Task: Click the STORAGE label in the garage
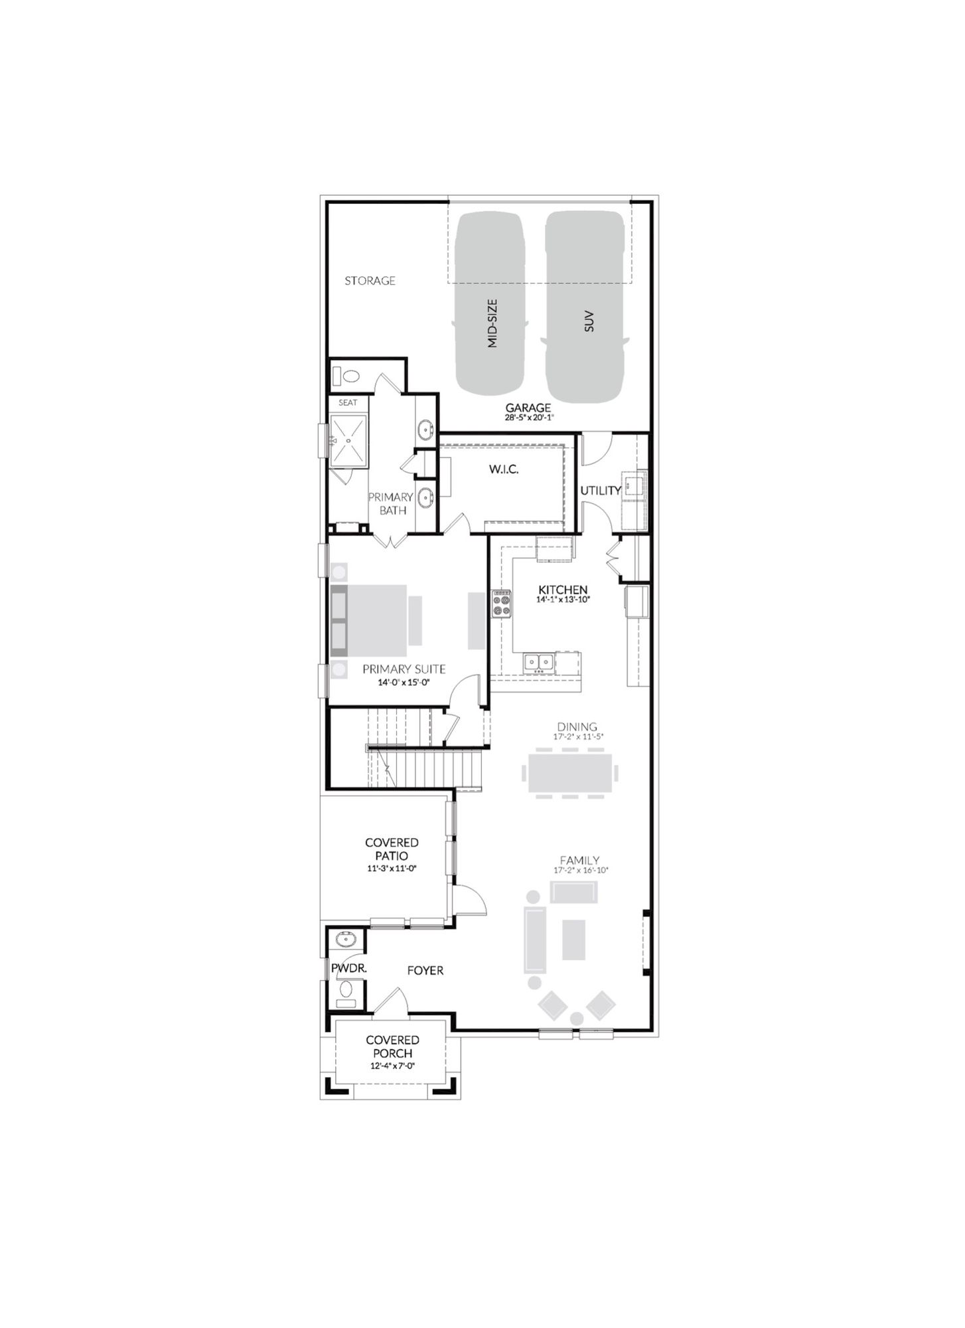(370, 281)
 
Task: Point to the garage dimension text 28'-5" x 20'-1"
(528, 418)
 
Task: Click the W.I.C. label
(504, 469)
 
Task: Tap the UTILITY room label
(601, 491)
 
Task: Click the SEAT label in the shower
(348, 402)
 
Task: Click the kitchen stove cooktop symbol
(501, 604)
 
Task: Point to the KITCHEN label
(563, 590)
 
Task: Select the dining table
(570, 773)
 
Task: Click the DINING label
(577, 727)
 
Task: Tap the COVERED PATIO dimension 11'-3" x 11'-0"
(392, 869)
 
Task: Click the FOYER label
(425, 971)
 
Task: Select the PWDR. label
(349, 969)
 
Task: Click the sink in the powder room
(346, 940)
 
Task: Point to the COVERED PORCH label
(392, 1046)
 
